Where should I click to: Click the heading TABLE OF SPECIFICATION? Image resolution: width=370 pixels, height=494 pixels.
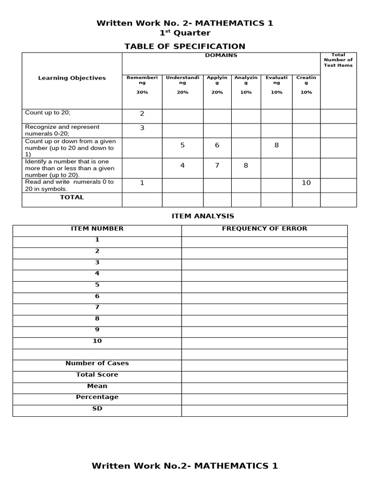185,46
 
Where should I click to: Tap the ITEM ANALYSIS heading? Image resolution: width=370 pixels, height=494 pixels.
203,216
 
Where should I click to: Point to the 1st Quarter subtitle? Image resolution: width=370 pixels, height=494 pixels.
185,33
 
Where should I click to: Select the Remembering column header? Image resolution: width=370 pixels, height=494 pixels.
142,80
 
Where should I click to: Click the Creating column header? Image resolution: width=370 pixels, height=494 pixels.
306,80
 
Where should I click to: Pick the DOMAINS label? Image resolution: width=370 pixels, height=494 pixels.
221,55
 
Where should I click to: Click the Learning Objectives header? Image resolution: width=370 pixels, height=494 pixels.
72,78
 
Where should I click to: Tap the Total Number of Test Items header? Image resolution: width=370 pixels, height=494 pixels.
338,60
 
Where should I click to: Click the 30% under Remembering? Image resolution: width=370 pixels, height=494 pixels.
142,92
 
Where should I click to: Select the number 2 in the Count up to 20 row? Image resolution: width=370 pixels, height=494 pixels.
142,114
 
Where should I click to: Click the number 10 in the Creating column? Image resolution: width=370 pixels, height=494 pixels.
306,183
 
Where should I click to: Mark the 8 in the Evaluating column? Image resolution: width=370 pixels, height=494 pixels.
277,145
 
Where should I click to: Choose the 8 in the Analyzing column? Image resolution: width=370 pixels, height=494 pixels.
246,165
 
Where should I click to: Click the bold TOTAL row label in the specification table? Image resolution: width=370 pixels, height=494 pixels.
72,197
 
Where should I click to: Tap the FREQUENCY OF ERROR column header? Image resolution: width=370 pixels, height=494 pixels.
264,229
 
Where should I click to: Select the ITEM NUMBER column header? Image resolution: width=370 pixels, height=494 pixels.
97,229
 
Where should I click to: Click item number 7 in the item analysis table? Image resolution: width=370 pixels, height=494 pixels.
97,307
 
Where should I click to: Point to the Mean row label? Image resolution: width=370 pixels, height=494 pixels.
97,386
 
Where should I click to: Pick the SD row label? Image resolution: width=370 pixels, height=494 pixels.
97,409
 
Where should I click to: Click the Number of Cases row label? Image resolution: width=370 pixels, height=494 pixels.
97,363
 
